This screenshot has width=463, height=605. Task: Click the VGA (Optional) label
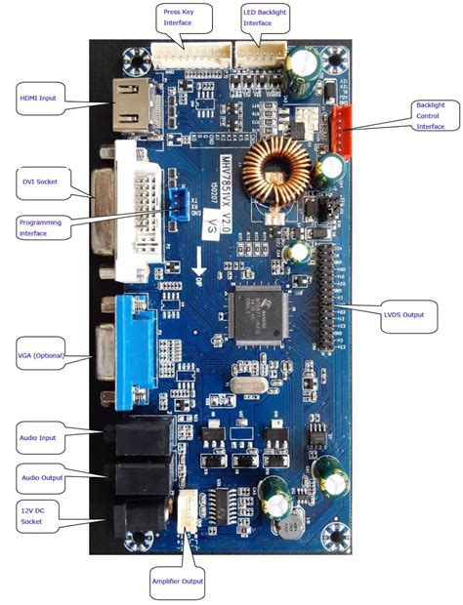coord(41,355)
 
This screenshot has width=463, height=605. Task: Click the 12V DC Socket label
coord(37,515)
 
